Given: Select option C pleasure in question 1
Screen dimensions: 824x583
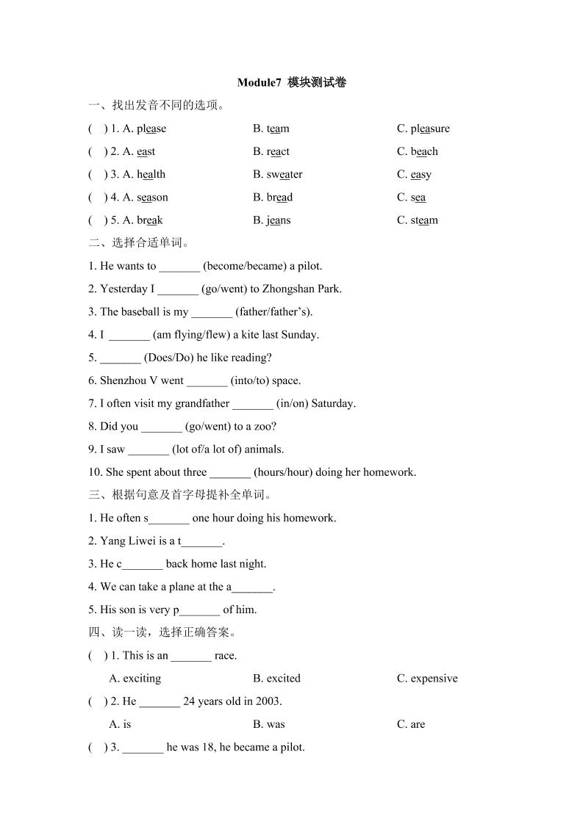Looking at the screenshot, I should tap(430, 129).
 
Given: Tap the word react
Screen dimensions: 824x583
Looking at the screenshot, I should tap(278, 151).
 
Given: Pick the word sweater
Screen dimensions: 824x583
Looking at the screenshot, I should tap(285, 174).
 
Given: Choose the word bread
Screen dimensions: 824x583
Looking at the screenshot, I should tap(279, 197).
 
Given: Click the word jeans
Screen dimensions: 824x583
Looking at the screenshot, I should tap(279, 220).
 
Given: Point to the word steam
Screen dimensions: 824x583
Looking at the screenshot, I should tap(424, 220).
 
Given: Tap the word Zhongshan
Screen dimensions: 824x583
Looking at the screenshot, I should tap(268, 289).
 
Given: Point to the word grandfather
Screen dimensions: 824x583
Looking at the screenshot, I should tap(202, 403).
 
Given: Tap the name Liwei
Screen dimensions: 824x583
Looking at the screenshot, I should tap(140, 541).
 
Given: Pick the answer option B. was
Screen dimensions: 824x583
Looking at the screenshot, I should tap(268, 723).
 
